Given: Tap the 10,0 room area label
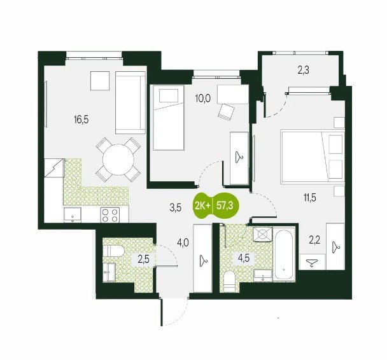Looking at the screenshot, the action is (x=202, y=99).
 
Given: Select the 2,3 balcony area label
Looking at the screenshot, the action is (x=304, y=70).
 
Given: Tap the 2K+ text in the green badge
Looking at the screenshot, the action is (x=202, y=205).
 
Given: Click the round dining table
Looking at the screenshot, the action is (x=118, y=160).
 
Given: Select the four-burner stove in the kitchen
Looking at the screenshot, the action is (x=110, y=215).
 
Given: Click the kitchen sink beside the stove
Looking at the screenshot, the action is (x=73, y=215).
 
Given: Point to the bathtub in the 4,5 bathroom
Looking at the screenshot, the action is (x=284, y=254).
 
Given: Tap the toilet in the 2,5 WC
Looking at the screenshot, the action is (x=113, y=251).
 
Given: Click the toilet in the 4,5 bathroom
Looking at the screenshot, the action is (x=230, y=281).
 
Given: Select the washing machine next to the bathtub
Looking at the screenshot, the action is (x=263, y=234).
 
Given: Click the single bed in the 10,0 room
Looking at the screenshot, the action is (x=169, y=118).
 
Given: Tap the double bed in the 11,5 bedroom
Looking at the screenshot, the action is (x=313, y=157).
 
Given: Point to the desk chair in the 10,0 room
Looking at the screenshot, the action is (x=225, y=112).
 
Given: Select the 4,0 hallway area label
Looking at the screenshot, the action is (x=183, y=244).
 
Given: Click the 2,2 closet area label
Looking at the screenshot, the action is (x=314, y=240).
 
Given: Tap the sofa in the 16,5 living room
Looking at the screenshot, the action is (x=130, y=102).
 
